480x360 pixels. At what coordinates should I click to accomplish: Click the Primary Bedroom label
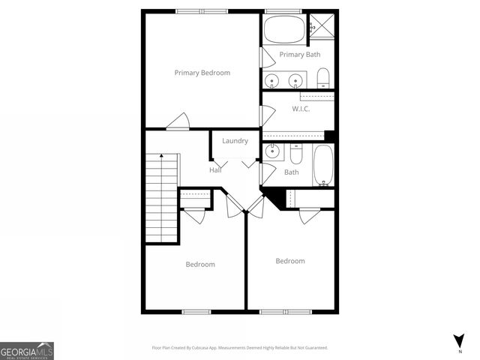coord(202,73)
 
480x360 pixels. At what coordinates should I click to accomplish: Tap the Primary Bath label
coord(300,55)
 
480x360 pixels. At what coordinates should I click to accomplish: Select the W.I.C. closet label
coord(301,109)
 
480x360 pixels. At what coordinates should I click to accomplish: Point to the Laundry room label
coord(235,141)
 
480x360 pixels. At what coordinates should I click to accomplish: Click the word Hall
coord(215,170)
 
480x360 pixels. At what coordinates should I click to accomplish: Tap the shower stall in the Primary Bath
coord(322,25)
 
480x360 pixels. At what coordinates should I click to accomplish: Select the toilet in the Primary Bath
coord(322,78)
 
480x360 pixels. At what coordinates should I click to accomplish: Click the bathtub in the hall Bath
coord(322,164)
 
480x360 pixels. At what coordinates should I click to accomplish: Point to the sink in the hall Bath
coord(272,152)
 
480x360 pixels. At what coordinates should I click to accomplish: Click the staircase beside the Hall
coord(161,198)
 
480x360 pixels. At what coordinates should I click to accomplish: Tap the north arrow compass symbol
coord(458,340)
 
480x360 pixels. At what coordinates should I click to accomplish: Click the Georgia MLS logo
coord(27,350)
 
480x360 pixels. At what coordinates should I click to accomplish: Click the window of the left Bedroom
coord(196,311)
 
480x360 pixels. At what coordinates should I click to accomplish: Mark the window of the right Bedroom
coord(285,311)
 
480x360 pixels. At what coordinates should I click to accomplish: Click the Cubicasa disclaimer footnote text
coord(240,348)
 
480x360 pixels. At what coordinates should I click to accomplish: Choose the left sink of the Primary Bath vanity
coord(273,79)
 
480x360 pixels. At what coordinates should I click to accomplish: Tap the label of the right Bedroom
coord(289,261)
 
